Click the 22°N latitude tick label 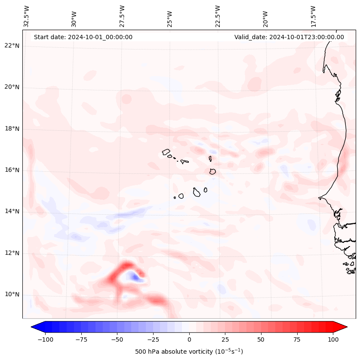12,46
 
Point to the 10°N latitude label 12,295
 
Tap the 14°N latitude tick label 12,211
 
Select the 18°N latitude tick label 12,129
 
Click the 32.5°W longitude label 27,16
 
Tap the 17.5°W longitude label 314,16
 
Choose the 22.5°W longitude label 218,16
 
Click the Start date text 83,37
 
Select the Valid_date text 289,37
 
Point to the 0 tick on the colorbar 189,339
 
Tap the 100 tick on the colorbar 333,339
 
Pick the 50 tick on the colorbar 261,339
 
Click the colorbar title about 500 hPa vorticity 189,352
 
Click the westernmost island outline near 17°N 166,151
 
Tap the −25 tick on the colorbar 153,339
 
